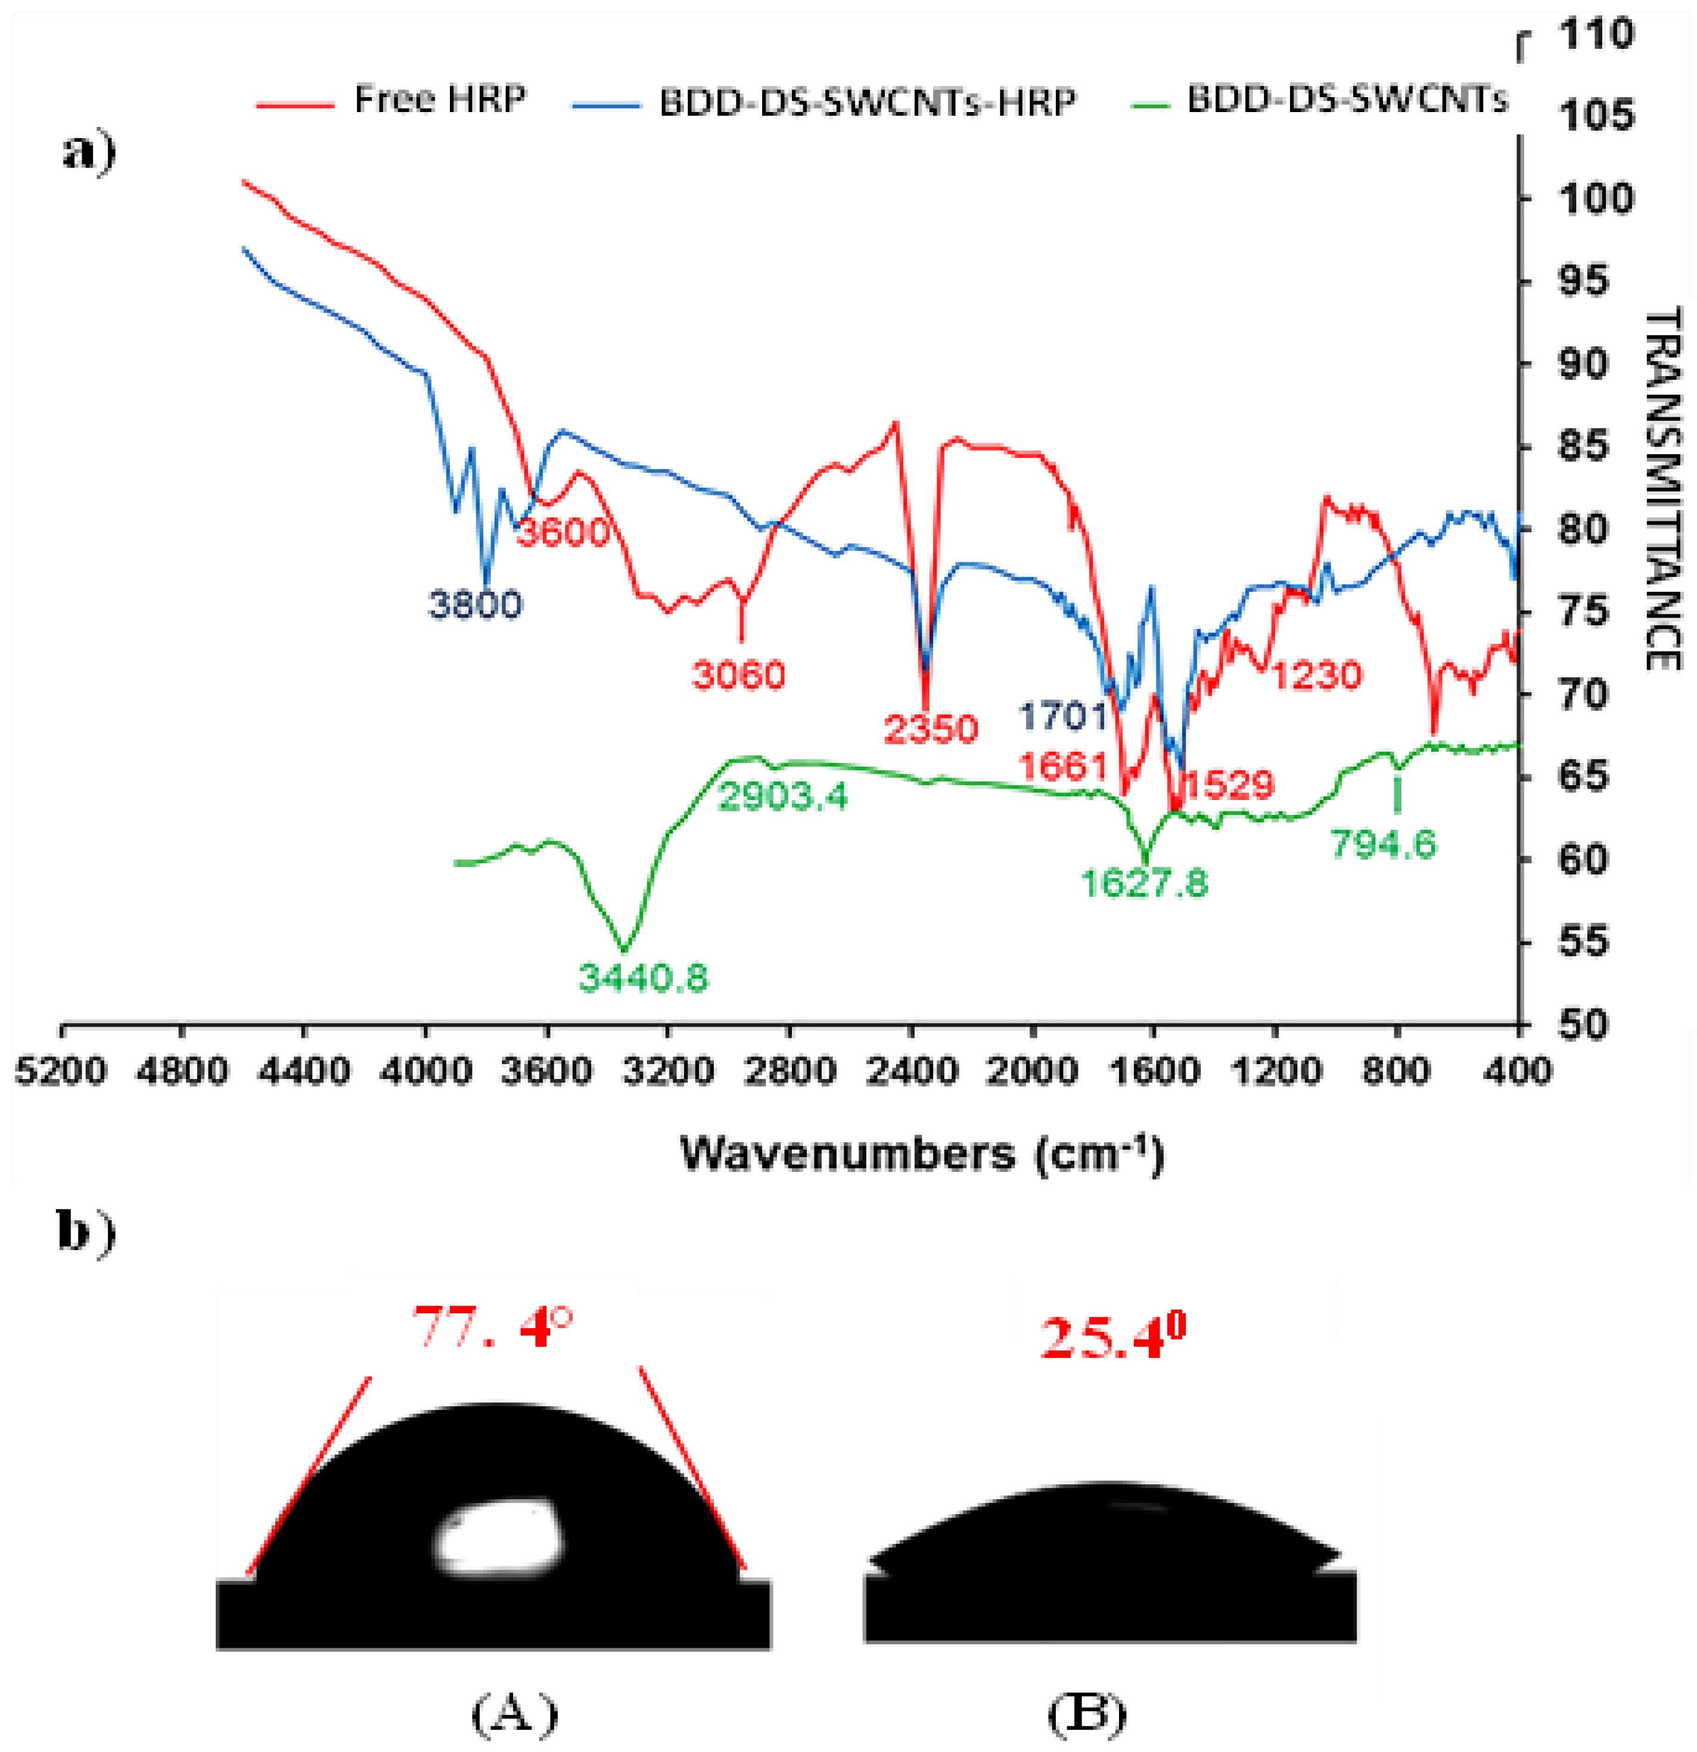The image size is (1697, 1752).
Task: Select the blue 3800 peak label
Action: [474, 605]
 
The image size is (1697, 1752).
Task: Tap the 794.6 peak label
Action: [1384, 843]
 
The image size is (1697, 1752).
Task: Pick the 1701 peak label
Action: [1064, 715]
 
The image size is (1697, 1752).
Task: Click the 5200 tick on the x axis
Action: [60, 1070]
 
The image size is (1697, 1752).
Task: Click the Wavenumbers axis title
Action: [922, 1154]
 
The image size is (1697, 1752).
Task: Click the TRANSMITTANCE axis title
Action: [1662, 487]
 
